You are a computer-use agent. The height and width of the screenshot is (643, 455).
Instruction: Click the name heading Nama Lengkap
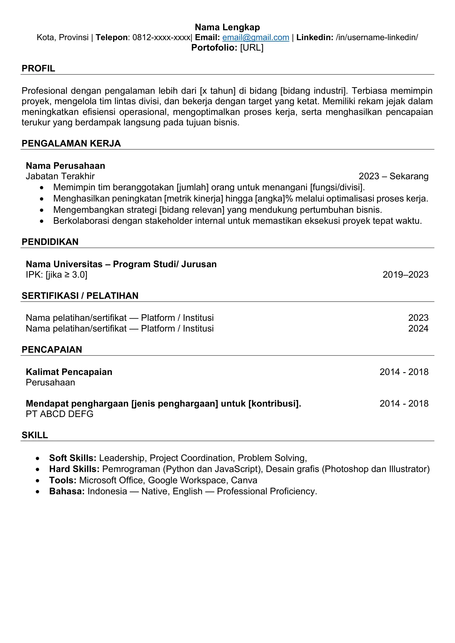pos(227,27)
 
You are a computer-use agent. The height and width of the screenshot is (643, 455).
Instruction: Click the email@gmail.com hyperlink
pos(256,38)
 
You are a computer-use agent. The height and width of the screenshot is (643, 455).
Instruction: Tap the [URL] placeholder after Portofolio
pos(252,48)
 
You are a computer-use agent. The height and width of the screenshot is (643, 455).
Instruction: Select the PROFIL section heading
pos(39,68)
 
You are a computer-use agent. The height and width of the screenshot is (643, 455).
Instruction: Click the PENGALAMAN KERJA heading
pos(71,143)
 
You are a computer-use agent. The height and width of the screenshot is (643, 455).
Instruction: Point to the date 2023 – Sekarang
pos(393,176)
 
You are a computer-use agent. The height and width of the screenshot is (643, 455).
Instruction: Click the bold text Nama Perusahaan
pos(65,166)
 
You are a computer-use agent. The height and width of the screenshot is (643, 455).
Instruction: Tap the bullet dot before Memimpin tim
pos(42,187)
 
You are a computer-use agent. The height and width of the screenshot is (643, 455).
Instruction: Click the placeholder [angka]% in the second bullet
pos(274,198)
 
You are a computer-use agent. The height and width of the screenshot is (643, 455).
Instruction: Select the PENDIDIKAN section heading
pos(50,242)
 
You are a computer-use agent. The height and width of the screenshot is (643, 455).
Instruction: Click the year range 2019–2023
pos(405,274)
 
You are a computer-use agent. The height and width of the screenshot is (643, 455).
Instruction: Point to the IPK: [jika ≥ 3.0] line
pos(57,275)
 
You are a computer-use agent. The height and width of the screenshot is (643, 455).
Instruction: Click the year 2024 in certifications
pos(418,328)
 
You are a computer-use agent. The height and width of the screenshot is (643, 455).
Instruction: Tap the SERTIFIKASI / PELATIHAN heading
pos(80,296)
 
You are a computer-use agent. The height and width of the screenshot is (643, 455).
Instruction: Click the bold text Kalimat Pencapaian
pos(69,372)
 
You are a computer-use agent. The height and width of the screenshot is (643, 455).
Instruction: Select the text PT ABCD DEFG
pos(59,414)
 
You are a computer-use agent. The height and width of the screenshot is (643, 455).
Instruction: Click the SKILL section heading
pos(35,435)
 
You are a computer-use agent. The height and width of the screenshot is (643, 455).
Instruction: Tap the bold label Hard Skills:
pos(74,469)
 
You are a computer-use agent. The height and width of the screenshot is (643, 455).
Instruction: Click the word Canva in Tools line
pos(244,480)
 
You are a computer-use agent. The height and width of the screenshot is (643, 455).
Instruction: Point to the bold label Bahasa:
pos(67,492)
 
